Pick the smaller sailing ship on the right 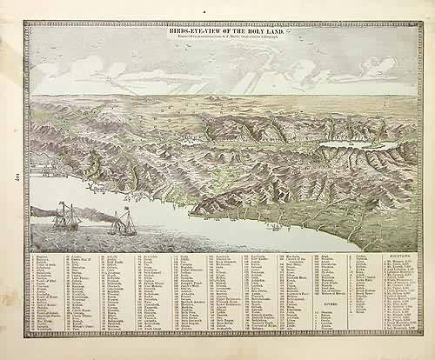(x=124, y=224)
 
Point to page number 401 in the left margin (x=17, y=180)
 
